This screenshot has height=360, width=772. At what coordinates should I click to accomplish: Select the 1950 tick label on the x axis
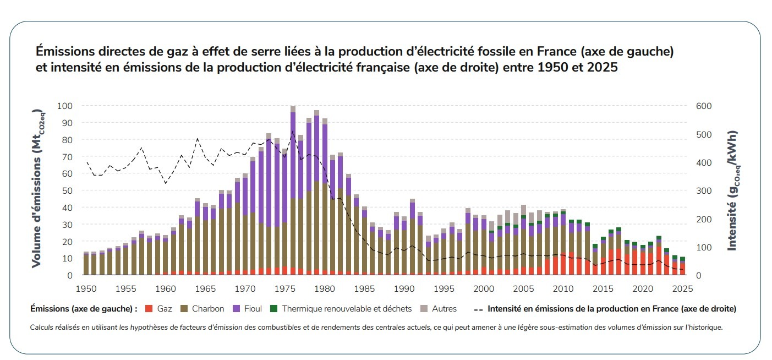pos(86,288)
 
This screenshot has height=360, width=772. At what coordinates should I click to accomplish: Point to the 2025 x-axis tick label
pos(682,288)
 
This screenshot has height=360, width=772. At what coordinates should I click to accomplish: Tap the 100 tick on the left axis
pos(65,106)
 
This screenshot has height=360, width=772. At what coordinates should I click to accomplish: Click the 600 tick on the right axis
pos(704,106)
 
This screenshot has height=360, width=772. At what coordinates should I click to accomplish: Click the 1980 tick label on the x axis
pos(325,288)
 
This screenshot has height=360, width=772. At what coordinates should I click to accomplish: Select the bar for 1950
pos(86,264)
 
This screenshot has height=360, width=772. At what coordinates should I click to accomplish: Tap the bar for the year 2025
pos(682,266)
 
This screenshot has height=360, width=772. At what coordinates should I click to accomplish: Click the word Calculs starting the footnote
pos(42,327)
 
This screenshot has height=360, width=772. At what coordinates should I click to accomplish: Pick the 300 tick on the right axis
pos(704,190)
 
